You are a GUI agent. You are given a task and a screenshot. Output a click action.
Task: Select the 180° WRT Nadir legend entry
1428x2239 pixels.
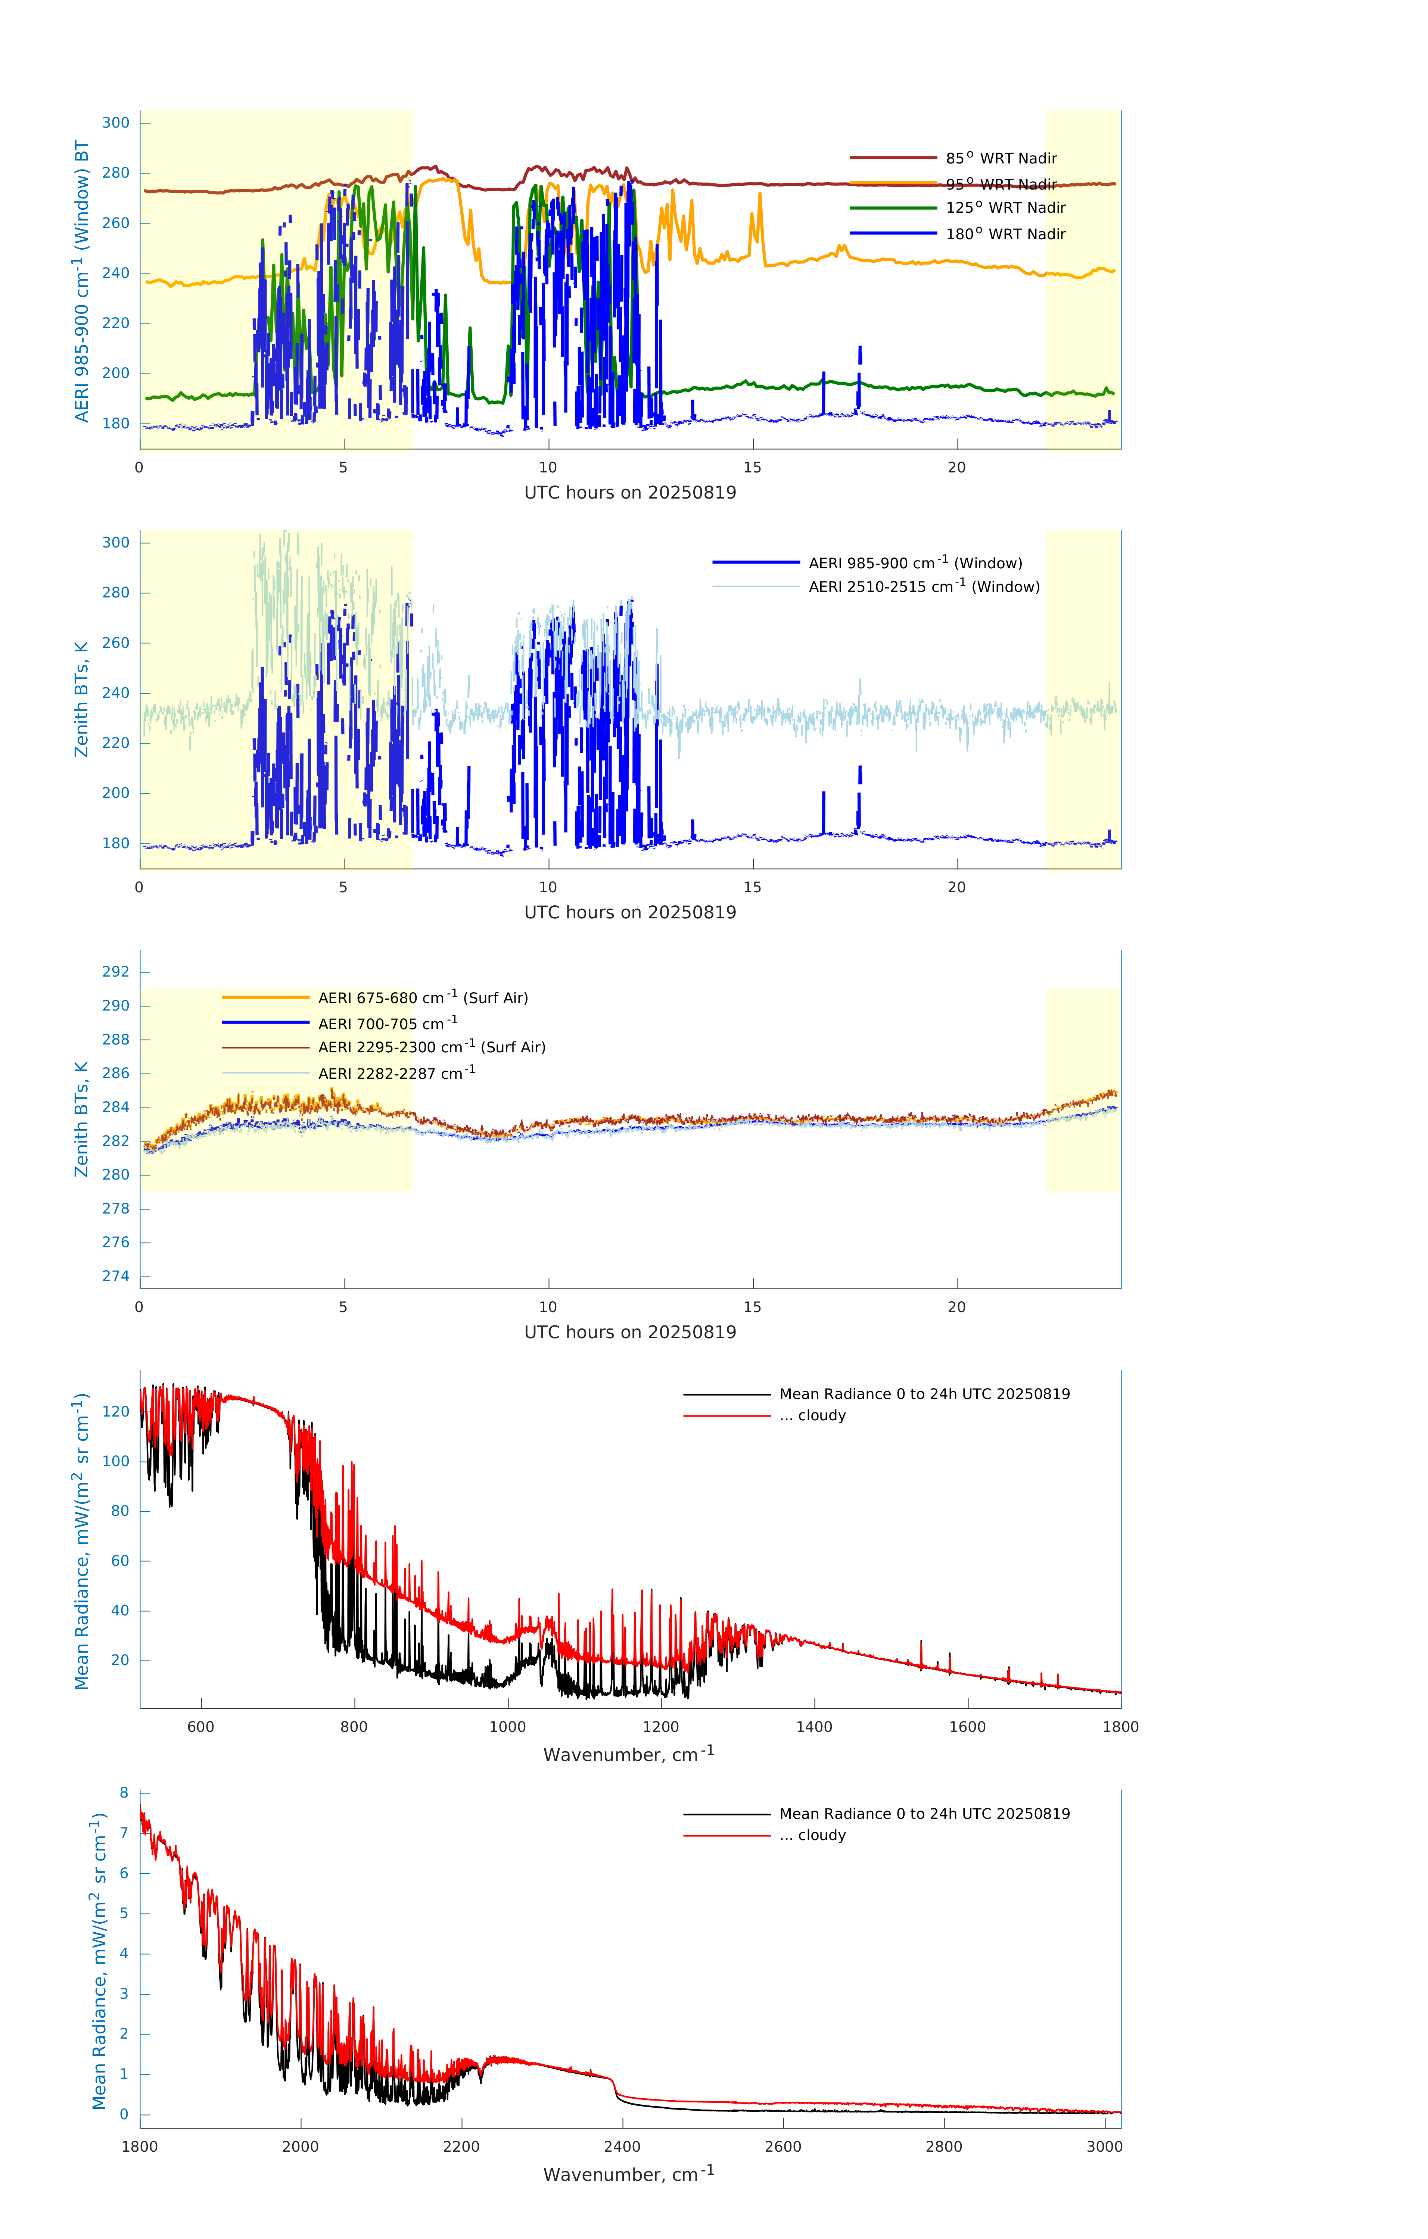pos(1005,234)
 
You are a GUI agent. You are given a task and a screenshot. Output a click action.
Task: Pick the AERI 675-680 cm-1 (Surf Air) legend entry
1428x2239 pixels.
pos(422,998)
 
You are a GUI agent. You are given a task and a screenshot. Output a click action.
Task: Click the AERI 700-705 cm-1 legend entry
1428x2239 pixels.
pos(387,1024)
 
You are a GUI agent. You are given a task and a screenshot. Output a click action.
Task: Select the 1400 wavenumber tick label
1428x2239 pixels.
pos(814,1727)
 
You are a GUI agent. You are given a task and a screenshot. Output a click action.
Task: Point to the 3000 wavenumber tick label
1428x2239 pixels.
pos(1104,2146)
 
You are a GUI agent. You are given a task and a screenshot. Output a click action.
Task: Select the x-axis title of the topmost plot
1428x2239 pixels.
pos(630,493)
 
